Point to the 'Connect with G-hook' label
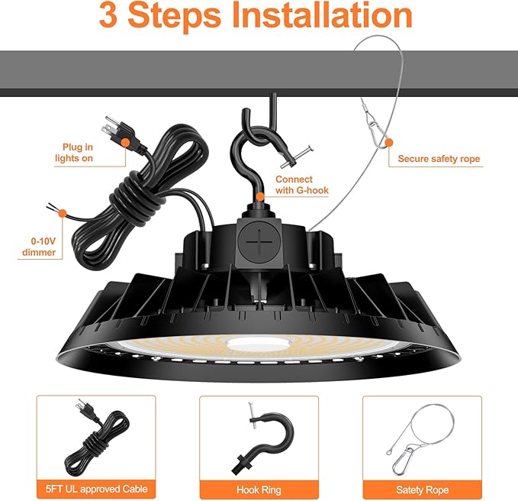click(294, 184)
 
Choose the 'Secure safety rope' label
click(439, 159)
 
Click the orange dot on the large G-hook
click(260, 196)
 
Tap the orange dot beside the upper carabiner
click(388, 141)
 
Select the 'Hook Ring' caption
click(259, 490)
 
